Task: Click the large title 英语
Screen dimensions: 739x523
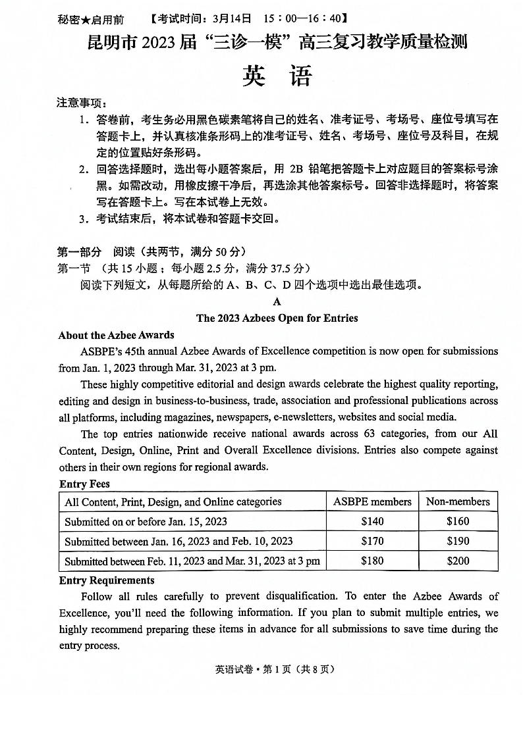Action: pos(276,76)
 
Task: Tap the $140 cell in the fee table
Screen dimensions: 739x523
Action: pos(372,521)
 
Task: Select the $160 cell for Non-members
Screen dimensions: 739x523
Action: pos(458,521)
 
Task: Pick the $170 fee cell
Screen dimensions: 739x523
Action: pos(372,541)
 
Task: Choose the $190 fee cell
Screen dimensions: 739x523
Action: pos(458,541)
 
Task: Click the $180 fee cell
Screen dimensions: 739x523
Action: pos(372,561)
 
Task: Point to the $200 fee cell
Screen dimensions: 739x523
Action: pos(458,561)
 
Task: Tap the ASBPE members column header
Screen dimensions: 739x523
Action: pos(372,501)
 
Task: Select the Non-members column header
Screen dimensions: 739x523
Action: pos(458,501)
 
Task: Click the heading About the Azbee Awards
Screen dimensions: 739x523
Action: pos(116,335)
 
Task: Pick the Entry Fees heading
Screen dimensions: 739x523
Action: pos(84,484)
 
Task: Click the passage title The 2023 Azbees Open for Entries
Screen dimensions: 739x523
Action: pos(277,318)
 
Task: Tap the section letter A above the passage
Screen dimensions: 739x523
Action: pos(277,301)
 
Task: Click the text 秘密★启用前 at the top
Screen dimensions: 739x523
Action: pos(90,20)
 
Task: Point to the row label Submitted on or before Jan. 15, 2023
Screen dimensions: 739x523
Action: pos(146,521)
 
